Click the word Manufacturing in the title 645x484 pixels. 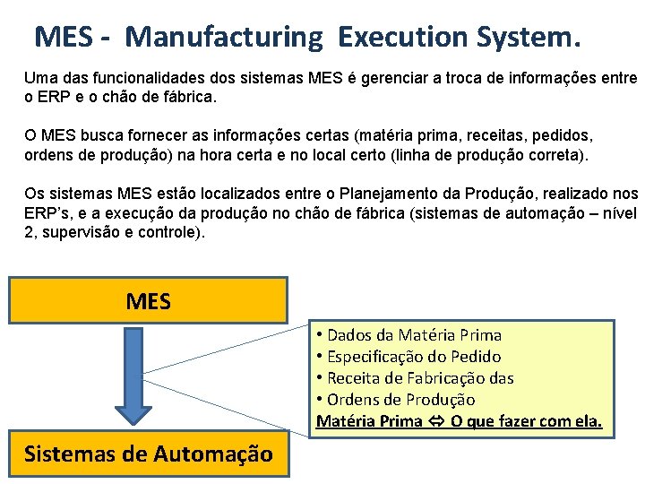pos(223,37)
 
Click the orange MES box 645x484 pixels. pos(148,300)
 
